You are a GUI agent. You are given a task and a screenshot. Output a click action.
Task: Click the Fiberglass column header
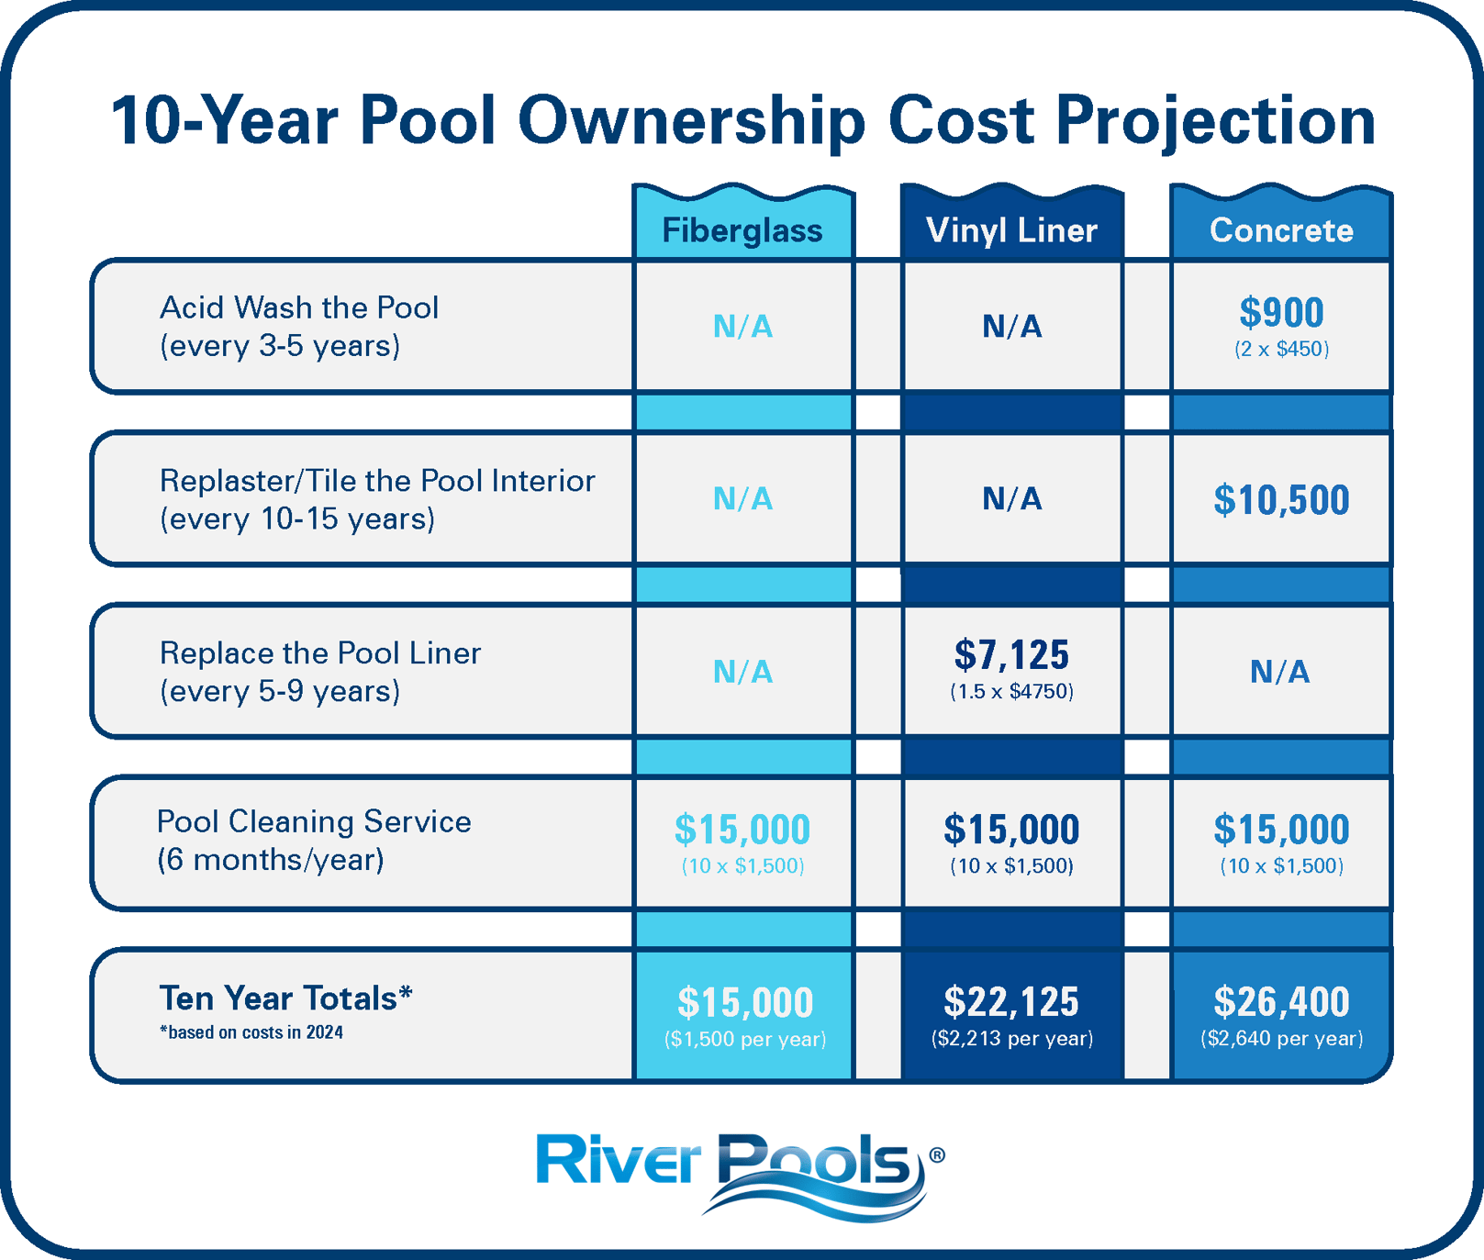742,230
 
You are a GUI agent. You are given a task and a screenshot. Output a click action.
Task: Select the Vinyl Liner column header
1011,230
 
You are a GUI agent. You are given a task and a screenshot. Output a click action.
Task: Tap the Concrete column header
1281,230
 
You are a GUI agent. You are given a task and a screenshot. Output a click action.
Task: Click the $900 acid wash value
1281,313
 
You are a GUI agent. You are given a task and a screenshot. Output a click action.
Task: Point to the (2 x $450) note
1281,349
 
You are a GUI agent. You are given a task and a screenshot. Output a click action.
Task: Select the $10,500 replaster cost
1281,500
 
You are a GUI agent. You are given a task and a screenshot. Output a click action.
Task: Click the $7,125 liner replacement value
1011,655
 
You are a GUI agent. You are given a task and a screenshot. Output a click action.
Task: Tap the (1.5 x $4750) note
1011,692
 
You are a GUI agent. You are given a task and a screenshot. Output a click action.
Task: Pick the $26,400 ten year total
1281,1001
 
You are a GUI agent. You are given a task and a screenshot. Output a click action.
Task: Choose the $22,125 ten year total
1011,1001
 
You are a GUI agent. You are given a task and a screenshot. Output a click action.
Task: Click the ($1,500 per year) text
744,1039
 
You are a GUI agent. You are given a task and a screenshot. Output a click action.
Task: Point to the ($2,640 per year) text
1281,1039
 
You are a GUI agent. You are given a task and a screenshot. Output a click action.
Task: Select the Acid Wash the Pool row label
299,307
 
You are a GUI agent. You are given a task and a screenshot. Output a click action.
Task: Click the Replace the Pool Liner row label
319,653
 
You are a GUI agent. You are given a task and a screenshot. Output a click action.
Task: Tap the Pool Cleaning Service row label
314,821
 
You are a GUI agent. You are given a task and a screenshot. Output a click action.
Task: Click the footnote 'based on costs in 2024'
251,1032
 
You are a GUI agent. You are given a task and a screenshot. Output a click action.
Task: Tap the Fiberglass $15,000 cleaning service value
742,830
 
